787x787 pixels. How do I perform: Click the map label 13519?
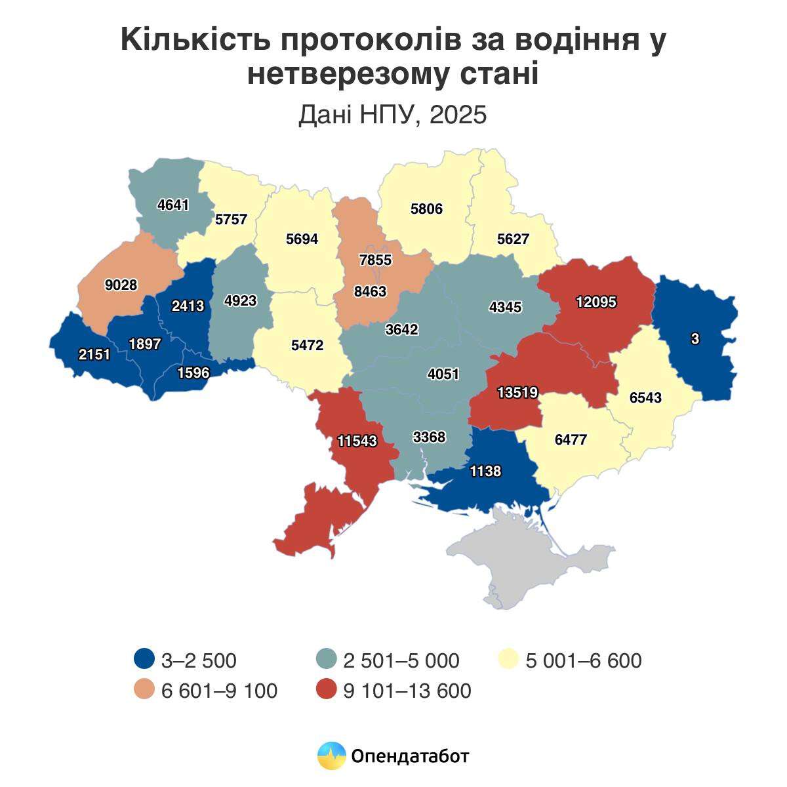(x=517, y=392)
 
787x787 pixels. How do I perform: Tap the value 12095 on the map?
(x=596, y=302)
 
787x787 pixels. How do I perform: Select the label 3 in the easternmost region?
(x=695, y=339)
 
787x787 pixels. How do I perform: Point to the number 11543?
(x=357, y=441)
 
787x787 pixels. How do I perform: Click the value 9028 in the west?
(x=121, y=285)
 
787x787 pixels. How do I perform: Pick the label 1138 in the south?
(x=485, y=471)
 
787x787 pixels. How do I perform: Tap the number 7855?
(x=375, y=260)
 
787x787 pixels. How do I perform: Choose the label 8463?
(x=370, y=291)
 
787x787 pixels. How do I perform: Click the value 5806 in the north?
(x=426, y=209)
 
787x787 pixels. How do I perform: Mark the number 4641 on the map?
(x=173, y=205)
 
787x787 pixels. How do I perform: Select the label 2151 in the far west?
(x=94, y=355)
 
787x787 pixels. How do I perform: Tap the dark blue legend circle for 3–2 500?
(x=144, y=659)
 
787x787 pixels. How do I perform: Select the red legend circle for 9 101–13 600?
(x=326, y=690)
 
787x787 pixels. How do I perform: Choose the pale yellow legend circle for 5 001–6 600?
(x=509, y=659)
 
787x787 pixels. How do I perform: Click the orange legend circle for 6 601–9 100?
(x=144, y=690)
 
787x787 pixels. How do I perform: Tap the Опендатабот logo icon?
(x=331, y=756)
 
